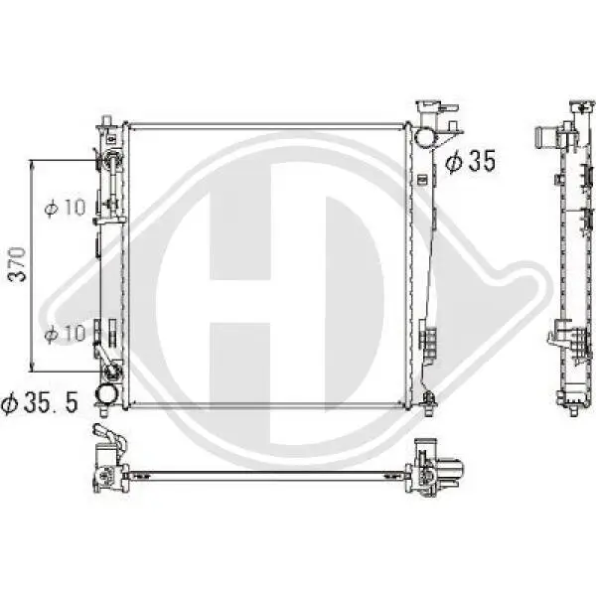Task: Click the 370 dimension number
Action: (17, 262)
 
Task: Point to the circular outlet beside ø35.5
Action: (106, 396)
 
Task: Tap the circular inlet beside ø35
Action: (424, 138)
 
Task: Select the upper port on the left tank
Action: (111, 160)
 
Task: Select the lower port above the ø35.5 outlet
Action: (111, 372)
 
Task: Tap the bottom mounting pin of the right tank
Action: (428, 401)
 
